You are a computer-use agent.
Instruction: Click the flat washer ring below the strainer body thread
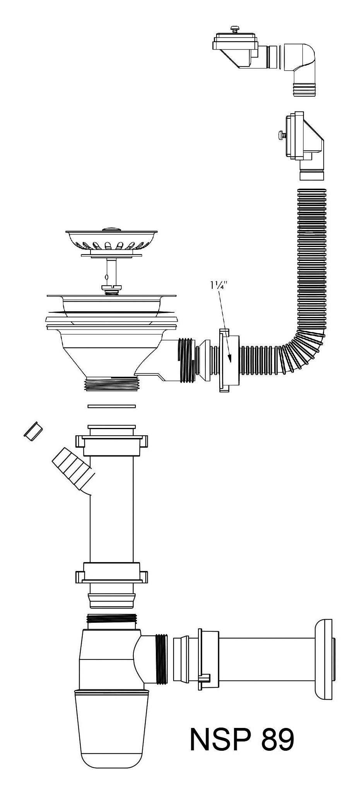[x=112, y=406]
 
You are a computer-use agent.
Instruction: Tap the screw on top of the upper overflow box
[x=234, y=28]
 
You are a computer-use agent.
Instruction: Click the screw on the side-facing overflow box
[x=282, y=135]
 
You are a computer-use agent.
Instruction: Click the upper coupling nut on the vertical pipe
[x=112, y=443]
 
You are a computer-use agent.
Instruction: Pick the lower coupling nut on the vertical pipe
[x=112, y=573]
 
